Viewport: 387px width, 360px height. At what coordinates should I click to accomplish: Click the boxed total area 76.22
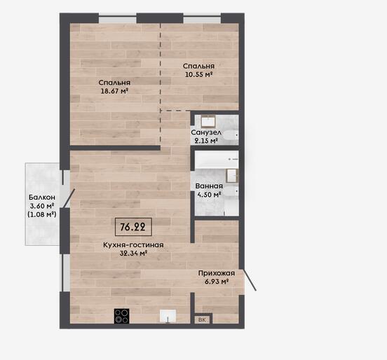click(133, 227)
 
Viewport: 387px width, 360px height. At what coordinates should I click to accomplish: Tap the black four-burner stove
click(122, 316)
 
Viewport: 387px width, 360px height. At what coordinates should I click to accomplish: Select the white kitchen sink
click(168, 316)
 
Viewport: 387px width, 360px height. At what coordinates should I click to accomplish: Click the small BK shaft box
click(202, 319)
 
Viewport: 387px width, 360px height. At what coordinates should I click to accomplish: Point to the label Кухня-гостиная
click(133, 245)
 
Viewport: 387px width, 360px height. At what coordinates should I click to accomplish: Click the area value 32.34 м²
click(133, 254)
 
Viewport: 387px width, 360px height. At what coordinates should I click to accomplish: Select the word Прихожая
click(217, 273)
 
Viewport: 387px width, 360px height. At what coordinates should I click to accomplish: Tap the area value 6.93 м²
click(216, 282)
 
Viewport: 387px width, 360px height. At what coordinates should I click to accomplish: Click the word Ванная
click(209, 186)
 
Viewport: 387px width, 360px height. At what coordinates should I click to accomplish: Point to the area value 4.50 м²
click(209, 195)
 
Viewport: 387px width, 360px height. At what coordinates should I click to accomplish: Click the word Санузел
click(206, 132)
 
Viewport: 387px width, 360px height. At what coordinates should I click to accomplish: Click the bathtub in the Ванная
click(217, 160)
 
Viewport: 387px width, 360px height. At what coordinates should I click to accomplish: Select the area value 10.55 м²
click(199, 74)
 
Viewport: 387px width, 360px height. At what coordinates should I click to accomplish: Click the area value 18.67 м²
click(114, 91)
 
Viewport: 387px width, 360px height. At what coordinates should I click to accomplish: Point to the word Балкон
click(42, 198)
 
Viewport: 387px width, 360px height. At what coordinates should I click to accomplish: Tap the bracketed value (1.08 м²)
click(42, 214)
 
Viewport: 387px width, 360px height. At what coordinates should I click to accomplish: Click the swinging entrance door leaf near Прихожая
click(249, 280)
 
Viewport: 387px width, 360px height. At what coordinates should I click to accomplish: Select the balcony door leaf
click(69, 198)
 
